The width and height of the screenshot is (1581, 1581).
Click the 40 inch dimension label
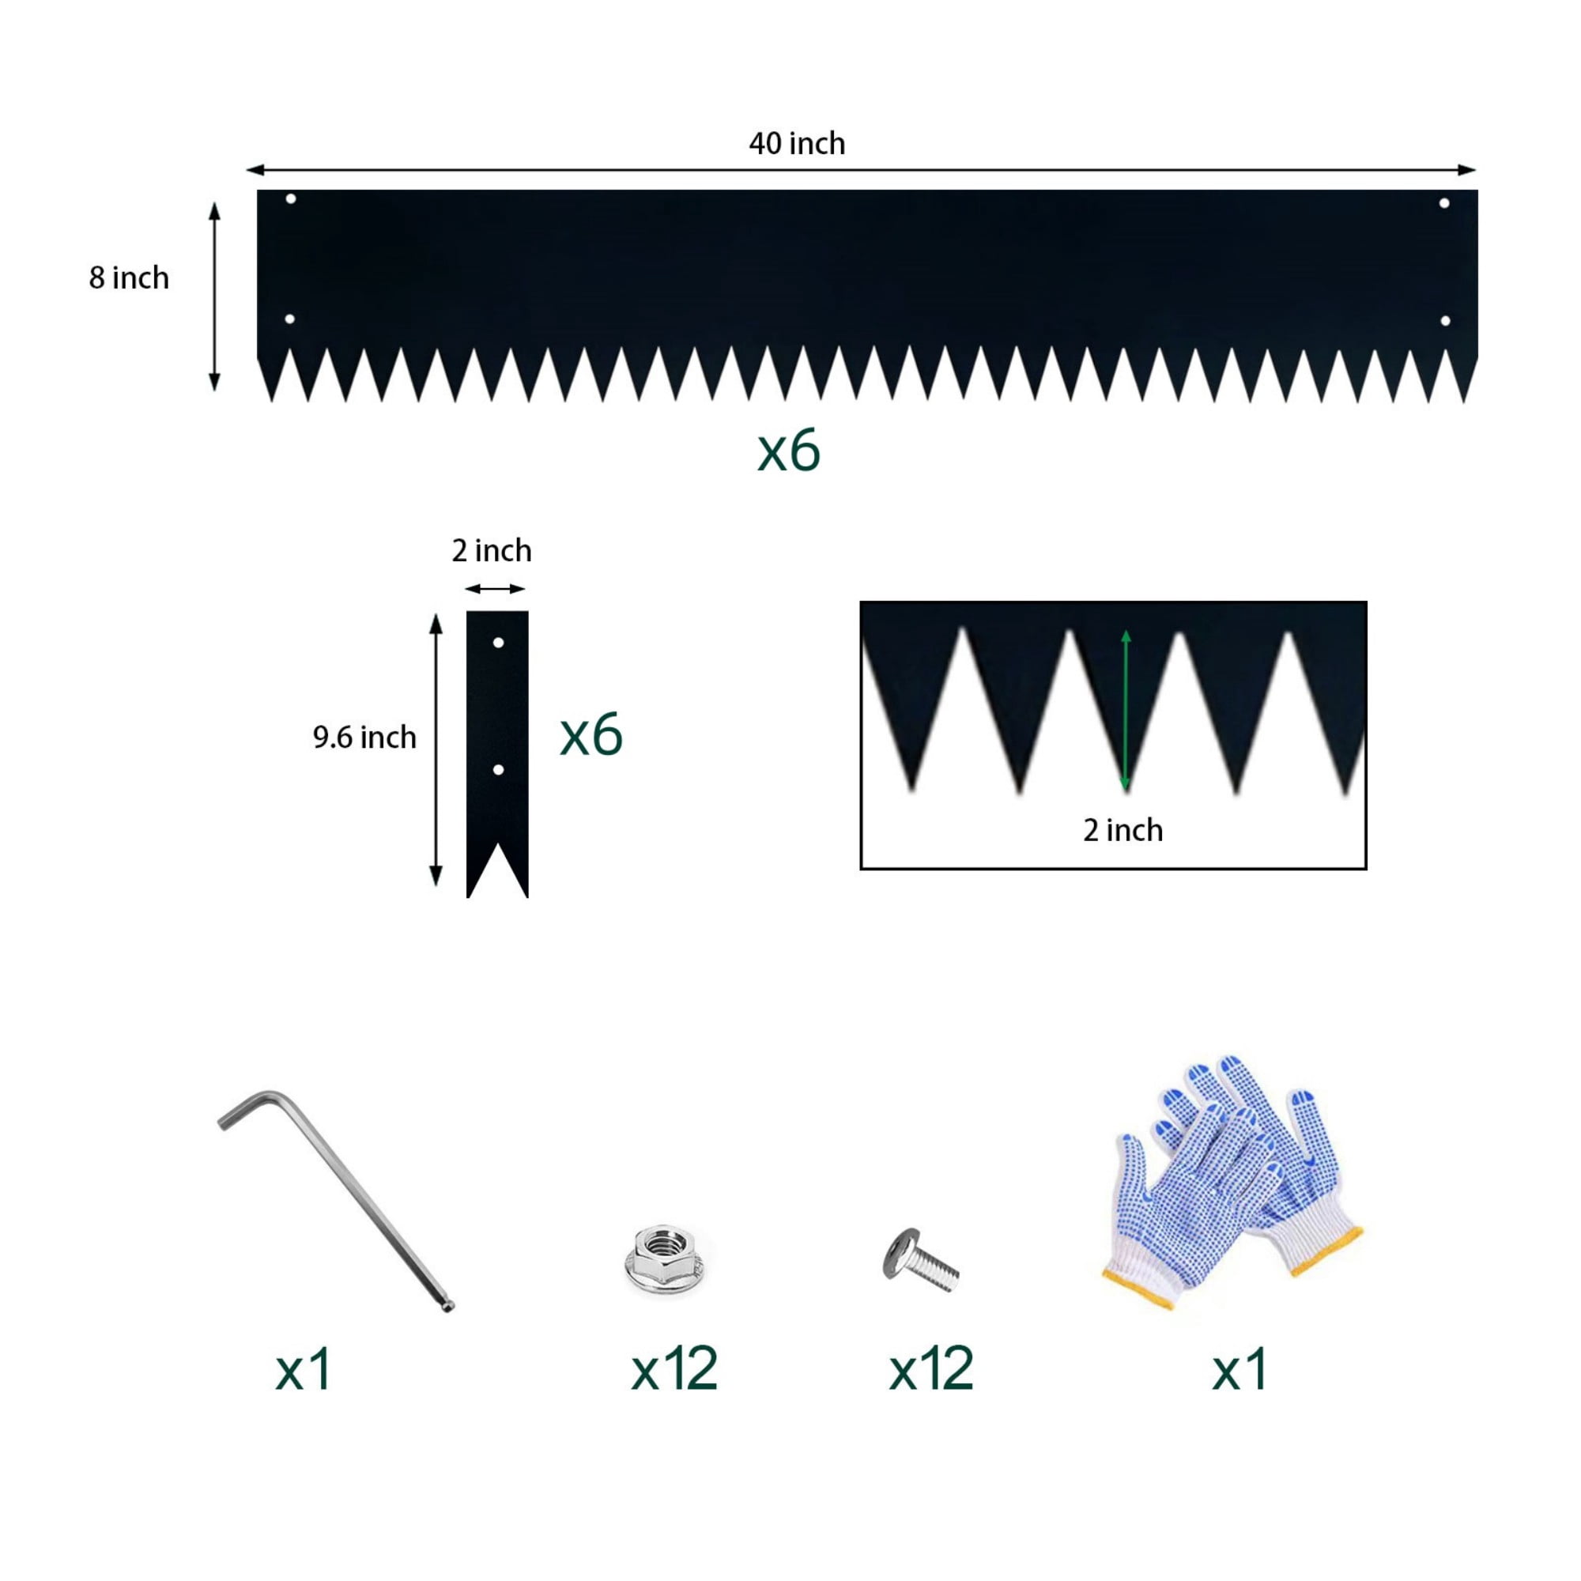(797, 144)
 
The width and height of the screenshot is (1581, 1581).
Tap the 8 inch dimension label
(130, 278)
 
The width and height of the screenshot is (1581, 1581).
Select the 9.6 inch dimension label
(365, 738)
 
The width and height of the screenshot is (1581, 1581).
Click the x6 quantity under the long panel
(789, 451)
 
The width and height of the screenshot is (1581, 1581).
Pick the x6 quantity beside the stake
(591, 734)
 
